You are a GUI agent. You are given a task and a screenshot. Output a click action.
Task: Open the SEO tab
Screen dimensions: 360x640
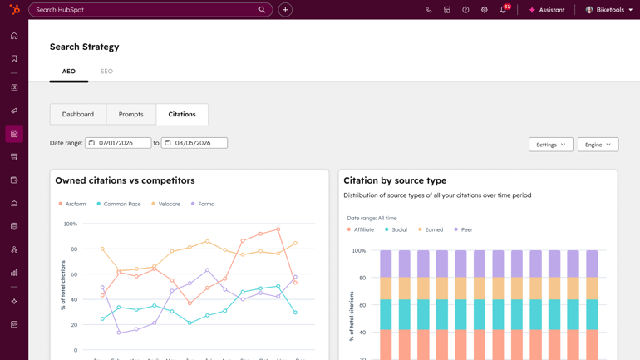[x=106, y=72]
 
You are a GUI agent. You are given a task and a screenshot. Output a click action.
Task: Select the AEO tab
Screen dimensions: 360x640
[x=69, y=72]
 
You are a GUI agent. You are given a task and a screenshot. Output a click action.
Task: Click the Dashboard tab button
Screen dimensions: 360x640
[x=78, y=114]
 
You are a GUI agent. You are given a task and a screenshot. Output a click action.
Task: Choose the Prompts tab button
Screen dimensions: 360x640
[x=131, y=114]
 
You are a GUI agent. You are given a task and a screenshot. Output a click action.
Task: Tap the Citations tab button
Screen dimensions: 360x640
[x=182, y=114]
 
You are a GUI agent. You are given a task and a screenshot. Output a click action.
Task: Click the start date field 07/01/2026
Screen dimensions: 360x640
[x=118, y=143]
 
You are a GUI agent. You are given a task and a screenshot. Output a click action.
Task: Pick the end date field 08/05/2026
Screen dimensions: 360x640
[x=194, y=143]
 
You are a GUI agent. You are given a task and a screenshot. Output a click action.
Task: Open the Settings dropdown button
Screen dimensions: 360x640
[x=550, y=145]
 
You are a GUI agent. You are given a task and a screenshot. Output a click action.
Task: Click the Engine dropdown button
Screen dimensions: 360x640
[x=598, y=145]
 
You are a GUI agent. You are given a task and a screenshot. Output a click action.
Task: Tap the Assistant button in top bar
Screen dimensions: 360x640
[x=546, y=10]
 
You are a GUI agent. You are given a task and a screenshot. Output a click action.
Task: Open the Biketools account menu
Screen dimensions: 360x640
[x=609, y=10]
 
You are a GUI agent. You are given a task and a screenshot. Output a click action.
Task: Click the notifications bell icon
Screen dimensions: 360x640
[x=503, y=10]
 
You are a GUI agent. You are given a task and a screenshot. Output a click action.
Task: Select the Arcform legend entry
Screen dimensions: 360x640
[x=72, y=204]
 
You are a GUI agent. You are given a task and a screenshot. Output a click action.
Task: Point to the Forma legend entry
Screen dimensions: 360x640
[x=203, y=204]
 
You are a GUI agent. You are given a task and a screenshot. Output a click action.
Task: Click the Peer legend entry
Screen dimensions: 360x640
[x=463, y=229]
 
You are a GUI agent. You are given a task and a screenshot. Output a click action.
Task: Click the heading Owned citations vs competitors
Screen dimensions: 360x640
[x=125, y=180]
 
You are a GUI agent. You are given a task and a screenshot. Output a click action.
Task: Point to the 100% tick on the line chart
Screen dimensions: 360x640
[x=71, y=224]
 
